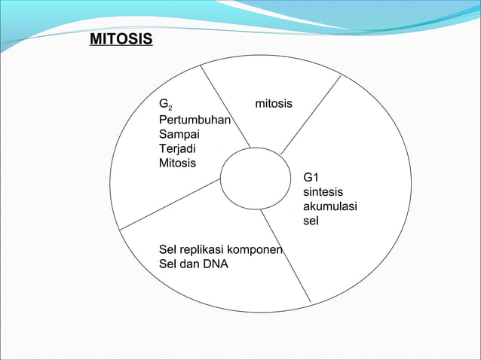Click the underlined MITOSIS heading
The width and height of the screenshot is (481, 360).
[121, 38]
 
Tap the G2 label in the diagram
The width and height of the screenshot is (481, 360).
[164, 103]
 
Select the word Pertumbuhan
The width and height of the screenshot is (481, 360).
[195, 119]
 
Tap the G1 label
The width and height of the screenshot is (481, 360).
[311, 177]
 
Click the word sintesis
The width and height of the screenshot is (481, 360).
[323, 192]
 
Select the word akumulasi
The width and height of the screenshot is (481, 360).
[329, 207]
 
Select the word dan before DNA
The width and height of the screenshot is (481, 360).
[191, 264]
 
